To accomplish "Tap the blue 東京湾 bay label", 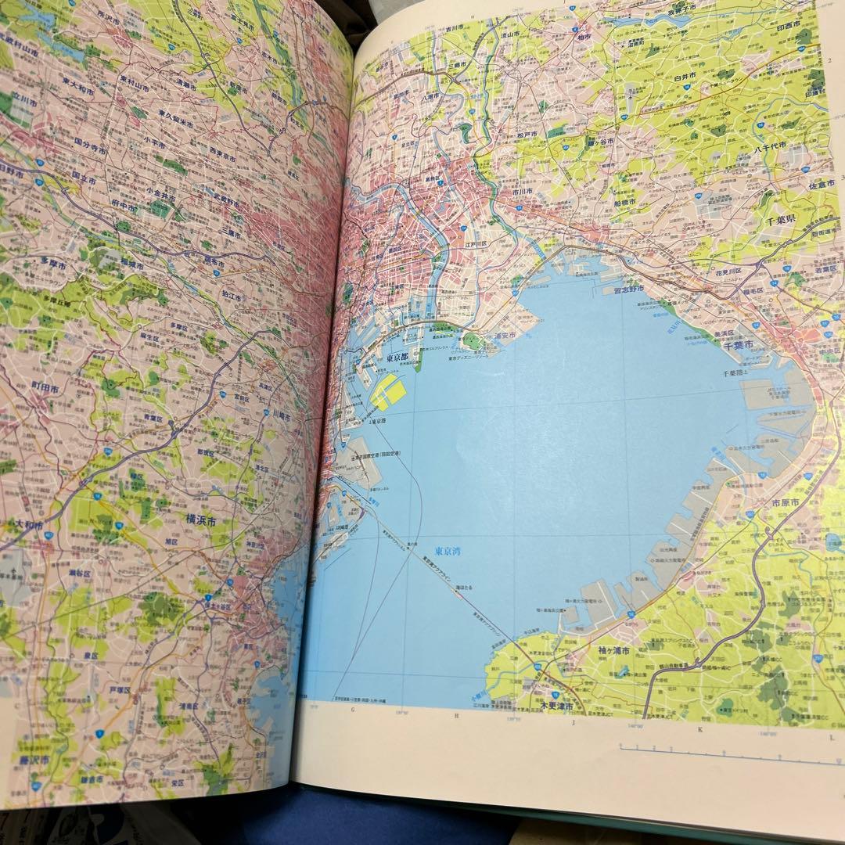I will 449,551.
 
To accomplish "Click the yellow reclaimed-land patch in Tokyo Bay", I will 390,391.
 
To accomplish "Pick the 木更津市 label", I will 558,706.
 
